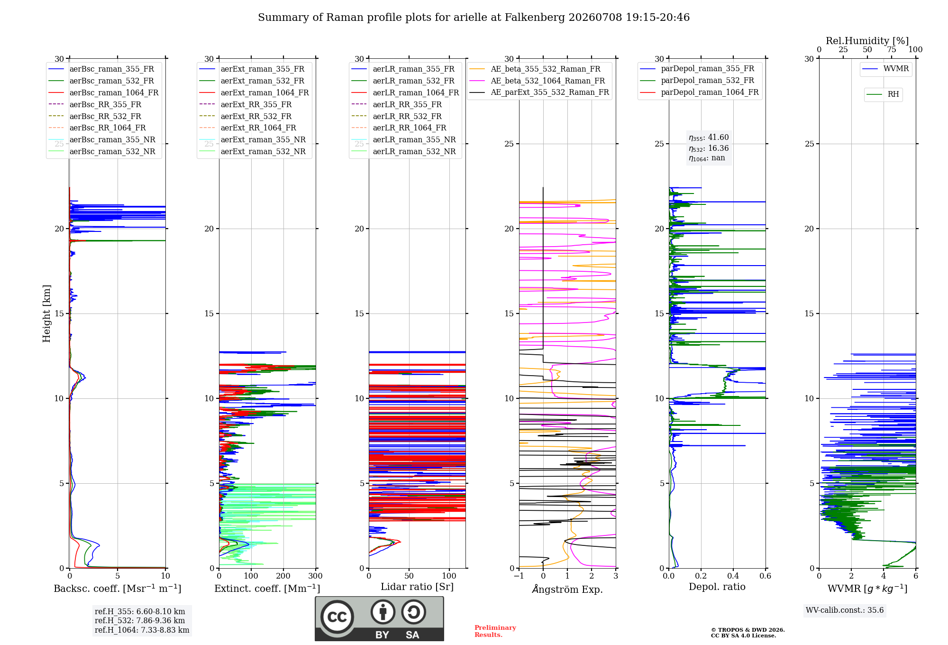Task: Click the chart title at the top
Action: click(x=474, y=18)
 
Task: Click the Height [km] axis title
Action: click(x=46, y=313)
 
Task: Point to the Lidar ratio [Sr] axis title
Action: click(x=417, y=587)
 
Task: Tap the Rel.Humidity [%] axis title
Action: click(x=867, y=41)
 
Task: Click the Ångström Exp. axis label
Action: click(x=567, y=589)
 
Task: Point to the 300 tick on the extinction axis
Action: click(x=315, y=576)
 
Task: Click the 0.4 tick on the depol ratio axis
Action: click(x=733, y=576)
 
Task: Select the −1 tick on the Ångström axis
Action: click(x=519, y=576)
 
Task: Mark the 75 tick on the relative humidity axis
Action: click(x=892, y=50)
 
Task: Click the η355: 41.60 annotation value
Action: click(x=709, y=138)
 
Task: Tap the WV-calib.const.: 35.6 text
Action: click(x=845, y=610)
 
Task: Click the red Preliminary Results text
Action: click(x=495, y=631)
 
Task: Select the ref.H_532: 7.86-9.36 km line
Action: click(x=140, y=621)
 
